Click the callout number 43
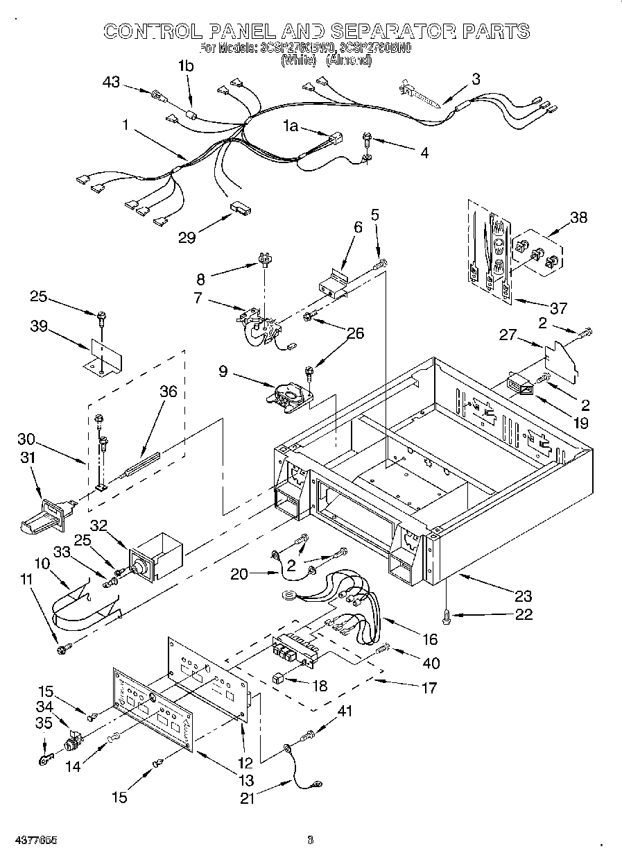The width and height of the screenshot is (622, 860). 111,82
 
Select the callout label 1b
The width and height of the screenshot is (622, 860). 185,67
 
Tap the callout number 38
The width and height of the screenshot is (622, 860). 577,217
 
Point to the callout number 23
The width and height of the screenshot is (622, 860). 523,595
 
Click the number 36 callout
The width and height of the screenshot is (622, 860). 168,391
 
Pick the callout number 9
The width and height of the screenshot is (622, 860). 223,371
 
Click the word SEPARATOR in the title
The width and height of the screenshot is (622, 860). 394,31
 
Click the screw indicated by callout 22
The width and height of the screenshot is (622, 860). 447,614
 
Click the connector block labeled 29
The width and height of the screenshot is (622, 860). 241,208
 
